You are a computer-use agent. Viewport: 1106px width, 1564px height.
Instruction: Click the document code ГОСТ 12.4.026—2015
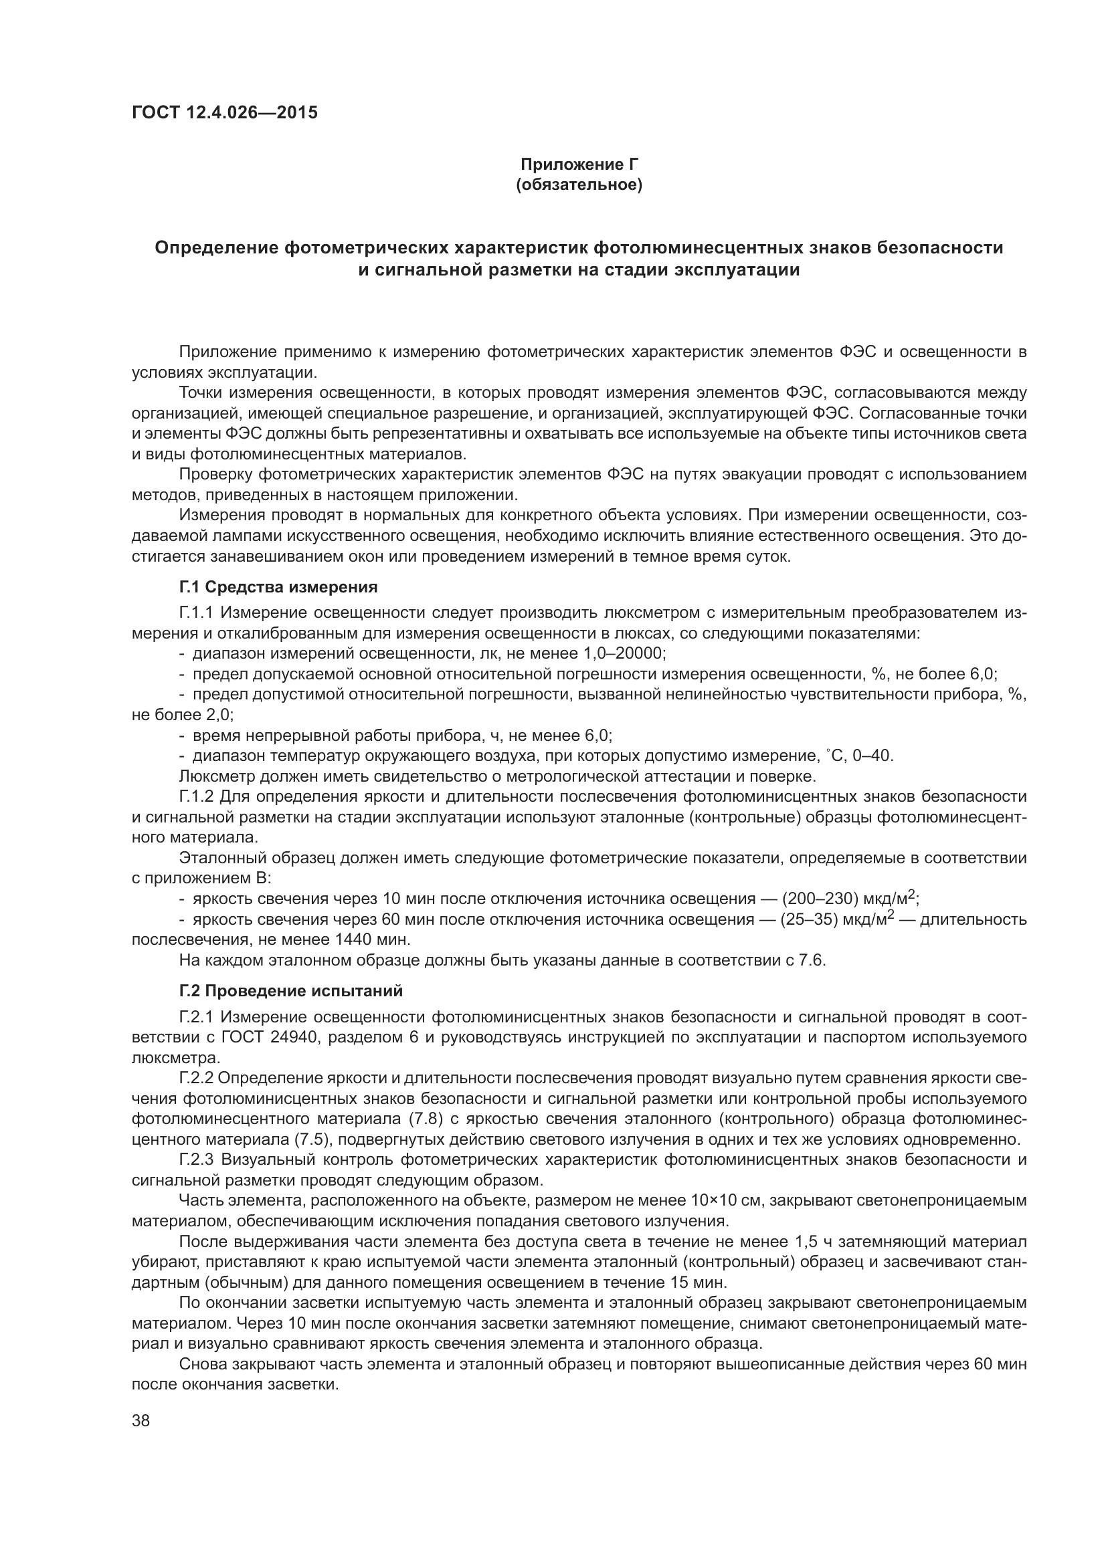[224, 112]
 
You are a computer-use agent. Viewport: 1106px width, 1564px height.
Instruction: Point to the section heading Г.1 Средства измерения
[278, 586]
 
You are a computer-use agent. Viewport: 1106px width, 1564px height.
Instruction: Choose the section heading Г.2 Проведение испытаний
[291, 990]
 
